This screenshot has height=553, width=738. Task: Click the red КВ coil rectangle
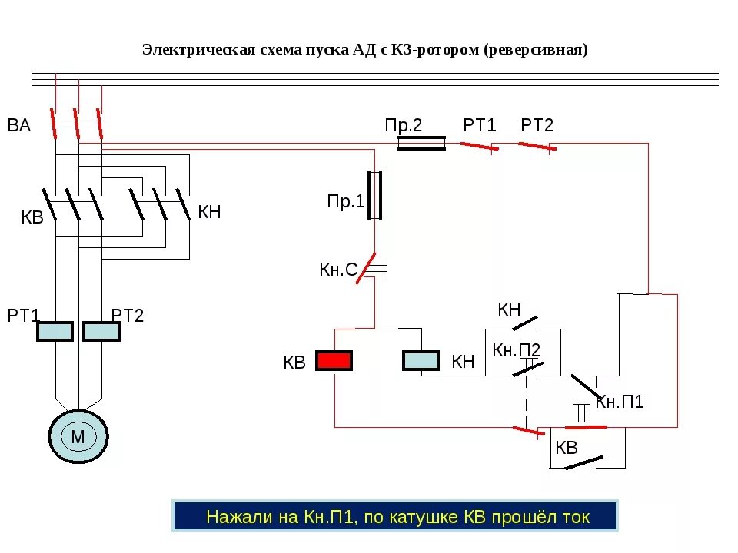[x=334, y=361]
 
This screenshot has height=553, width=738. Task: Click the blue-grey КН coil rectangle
[x=421, y=361]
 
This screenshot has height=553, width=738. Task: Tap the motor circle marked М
[x=78, y=437]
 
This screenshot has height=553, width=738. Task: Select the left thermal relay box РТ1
[x=55, y=331]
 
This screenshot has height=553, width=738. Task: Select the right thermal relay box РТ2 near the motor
[x=101, y=331]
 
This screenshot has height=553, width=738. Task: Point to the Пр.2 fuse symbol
[x=421, y=143]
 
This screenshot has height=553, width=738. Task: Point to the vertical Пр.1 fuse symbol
[x=375, y=195]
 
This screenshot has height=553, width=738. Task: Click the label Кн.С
[x=338, y=270]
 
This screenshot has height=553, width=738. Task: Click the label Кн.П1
[x=620, y=402]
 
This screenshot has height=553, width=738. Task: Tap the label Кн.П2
[x=517, y=350]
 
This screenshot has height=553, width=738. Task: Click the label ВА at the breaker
[x=19, y=126]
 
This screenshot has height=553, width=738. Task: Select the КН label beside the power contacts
[x=209, y=212]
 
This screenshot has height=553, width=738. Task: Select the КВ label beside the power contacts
[x=32, y=217]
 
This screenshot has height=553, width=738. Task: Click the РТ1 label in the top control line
[x=480, y=125]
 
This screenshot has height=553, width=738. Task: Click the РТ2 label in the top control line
[x=537, y=125]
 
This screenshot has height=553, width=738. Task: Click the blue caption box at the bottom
[x=394, y=517]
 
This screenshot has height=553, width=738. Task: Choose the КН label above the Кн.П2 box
[x=509, y=310]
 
